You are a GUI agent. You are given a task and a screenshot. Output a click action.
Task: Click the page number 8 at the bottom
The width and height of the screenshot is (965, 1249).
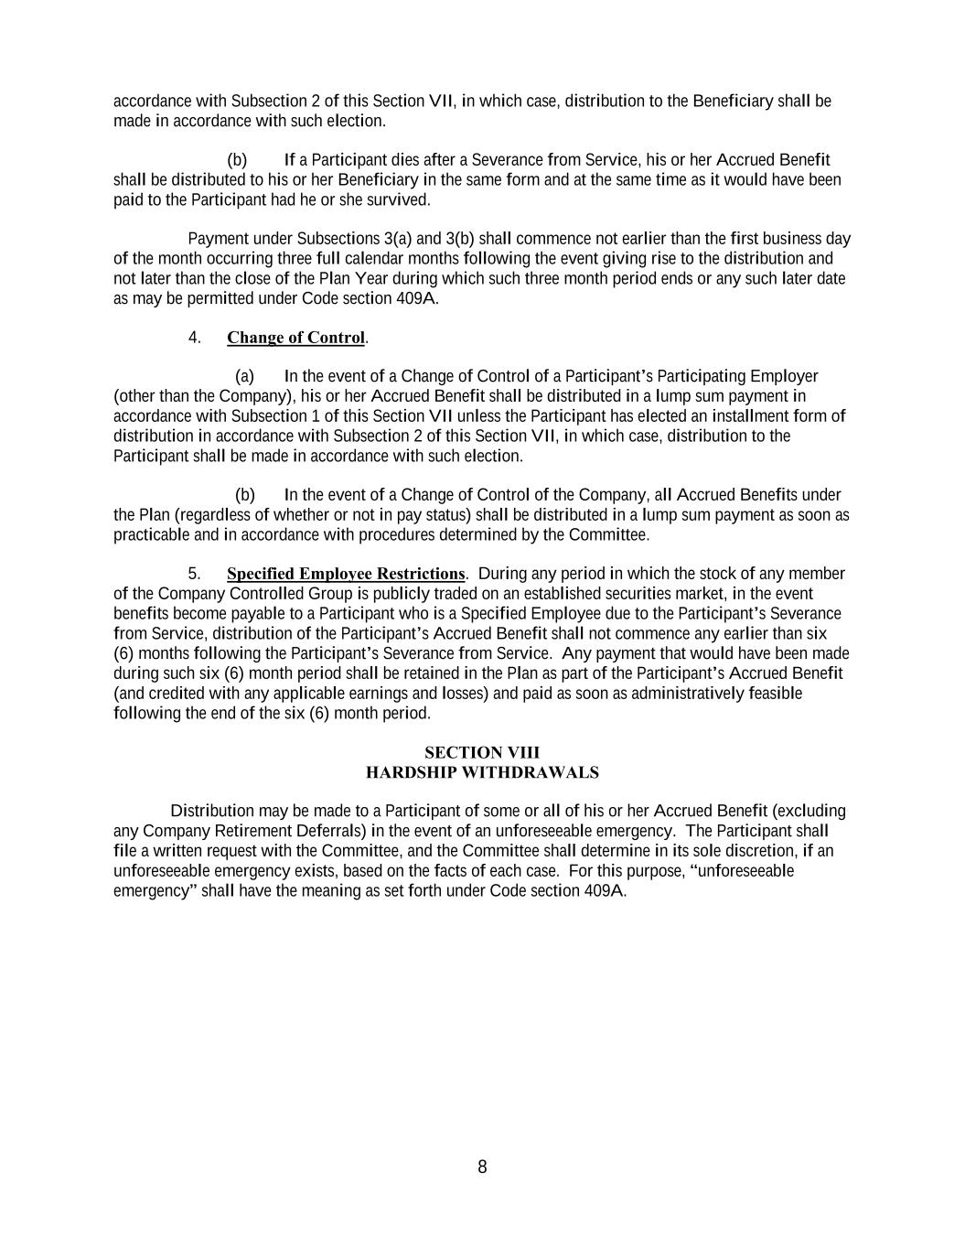point(482,1167)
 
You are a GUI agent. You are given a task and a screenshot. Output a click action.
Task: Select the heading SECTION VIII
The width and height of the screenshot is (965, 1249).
point(482,752)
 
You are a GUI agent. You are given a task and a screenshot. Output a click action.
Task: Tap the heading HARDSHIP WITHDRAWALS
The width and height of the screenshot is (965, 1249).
point(482,772)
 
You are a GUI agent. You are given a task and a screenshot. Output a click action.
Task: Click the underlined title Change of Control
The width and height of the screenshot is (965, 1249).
point(295,338)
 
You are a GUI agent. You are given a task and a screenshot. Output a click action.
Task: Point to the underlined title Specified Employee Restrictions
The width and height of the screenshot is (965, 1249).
point(346,574)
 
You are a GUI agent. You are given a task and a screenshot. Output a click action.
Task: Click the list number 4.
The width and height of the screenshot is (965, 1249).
point(194,338)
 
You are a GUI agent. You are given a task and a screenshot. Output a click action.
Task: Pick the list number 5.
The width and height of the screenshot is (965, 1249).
point(194,574)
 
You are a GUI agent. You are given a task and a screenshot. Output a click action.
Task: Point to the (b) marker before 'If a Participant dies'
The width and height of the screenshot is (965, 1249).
point(237,160)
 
